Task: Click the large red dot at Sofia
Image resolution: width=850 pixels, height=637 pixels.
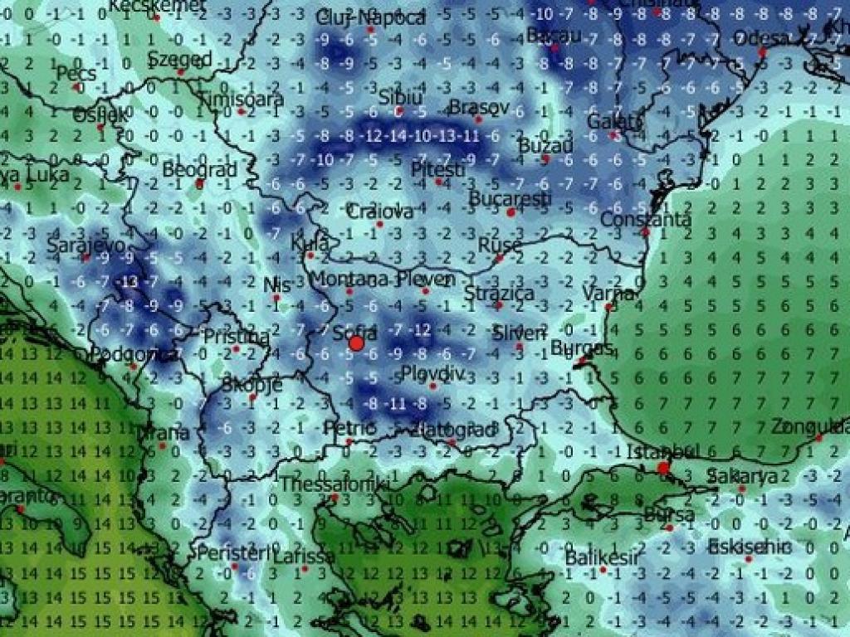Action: [x=357, y=343]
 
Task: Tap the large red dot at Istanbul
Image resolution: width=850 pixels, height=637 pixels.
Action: [x=663, y=469]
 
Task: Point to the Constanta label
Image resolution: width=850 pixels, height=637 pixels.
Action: [x=645, y=220]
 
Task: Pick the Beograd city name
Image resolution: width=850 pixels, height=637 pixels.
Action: [x=199, y=170]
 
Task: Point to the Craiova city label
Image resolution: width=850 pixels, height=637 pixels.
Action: [x=379, y=212]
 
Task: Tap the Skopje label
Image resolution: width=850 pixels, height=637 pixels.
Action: [x=252, y=385]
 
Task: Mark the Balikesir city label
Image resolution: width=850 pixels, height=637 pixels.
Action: [x=602, y=557]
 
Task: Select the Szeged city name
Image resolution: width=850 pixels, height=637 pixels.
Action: [x=180, y=60]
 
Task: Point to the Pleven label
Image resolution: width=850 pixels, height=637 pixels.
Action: [x=426, y=280]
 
